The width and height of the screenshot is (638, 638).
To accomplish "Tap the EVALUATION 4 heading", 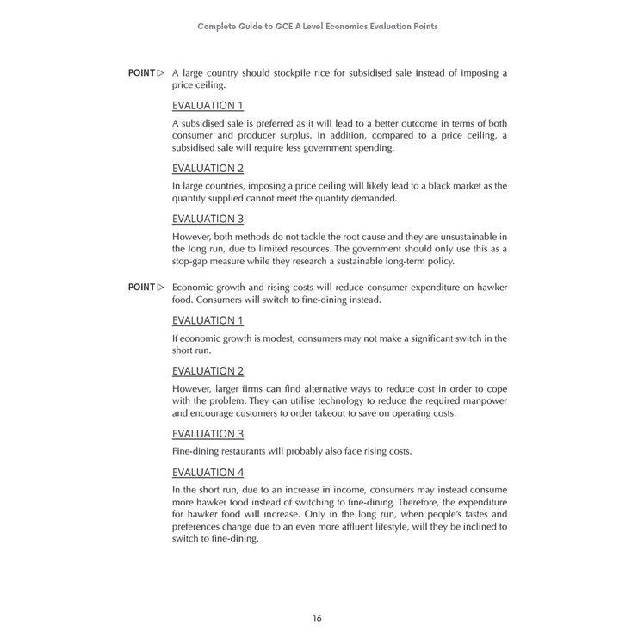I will tap(208, 473).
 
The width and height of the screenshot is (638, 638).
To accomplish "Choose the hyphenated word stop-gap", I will tap(194, 262).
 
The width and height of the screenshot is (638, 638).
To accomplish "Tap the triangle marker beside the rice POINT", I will tap(161, 73).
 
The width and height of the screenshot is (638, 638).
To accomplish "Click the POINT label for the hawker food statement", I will tap(141, 288).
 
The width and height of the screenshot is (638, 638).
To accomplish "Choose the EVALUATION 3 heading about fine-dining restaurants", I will tap(208, 434).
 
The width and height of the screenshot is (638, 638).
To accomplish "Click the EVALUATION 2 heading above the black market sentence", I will tap(208, 169).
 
